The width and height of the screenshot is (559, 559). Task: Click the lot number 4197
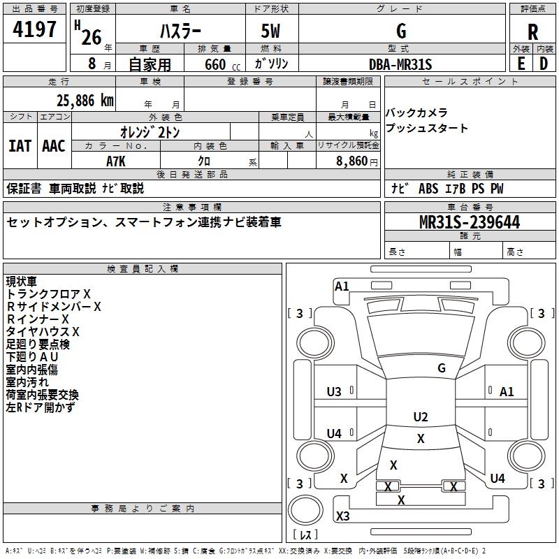tap(34, 29)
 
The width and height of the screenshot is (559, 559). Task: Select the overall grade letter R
tap(532, 32)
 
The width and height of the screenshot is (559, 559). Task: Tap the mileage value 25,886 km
tap(85, 101)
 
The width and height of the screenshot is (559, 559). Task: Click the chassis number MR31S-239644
tap(470, 222)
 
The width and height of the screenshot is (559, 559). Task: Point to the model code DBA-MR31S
tap(400, 64)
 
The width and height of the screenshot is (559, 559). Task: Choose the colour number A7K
tap(116, 161)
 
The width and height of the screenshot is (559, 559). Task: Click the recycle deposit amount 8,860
tap(351, 161)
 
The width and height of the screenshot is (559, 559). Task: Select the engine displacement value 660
tap(215, 64)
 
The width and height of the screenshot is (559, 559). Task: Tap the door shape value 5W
tap(270, 31)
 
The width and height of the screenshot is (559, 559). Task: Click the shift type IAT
tap(20, 146)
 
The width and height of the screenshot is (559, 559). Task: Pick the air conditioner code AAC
tap(54, 146)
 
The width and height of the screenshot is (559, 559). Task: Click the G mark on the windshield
tap(442, 368)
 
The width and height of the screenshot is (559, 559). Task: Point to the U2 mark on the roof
tap(421, 416)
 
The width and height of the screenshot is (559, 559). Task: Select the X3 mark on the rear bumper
tap(342, 516)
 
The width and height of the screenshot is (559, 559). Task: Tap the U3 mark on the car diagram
tap(334, 392)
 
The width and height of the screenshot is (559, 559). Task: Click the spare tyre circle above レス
tap(305, 510)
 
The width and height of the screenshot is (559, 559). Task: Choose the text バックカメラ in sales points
tap(416, 112)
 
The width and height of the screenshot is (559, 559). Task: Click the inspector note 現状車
tap(21, 282)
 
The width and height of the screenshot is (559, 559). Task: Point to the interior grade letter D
tap(544, 64)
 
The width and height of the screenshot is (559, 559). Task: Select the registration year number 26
tap(92, 37)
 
